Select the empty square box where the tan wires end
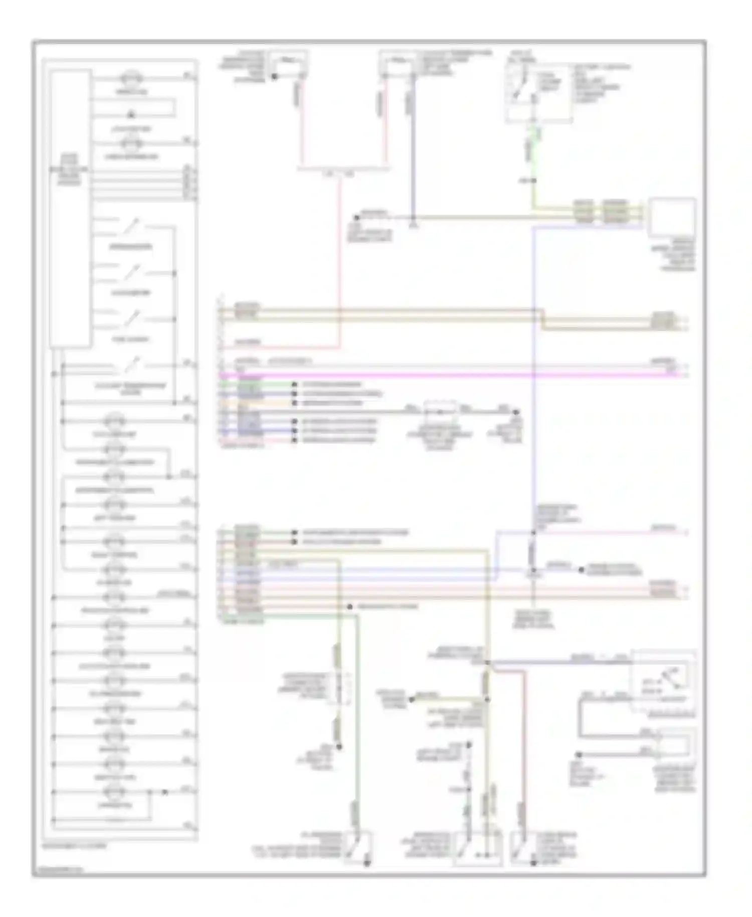coord(672,217)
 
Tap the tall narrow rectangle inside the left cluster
coord(70,208)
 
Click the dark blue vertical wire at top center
coord(414,150)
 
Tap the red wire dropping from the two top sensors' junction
coord(340,261)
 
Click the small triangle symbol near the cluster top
coord(131,115)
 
